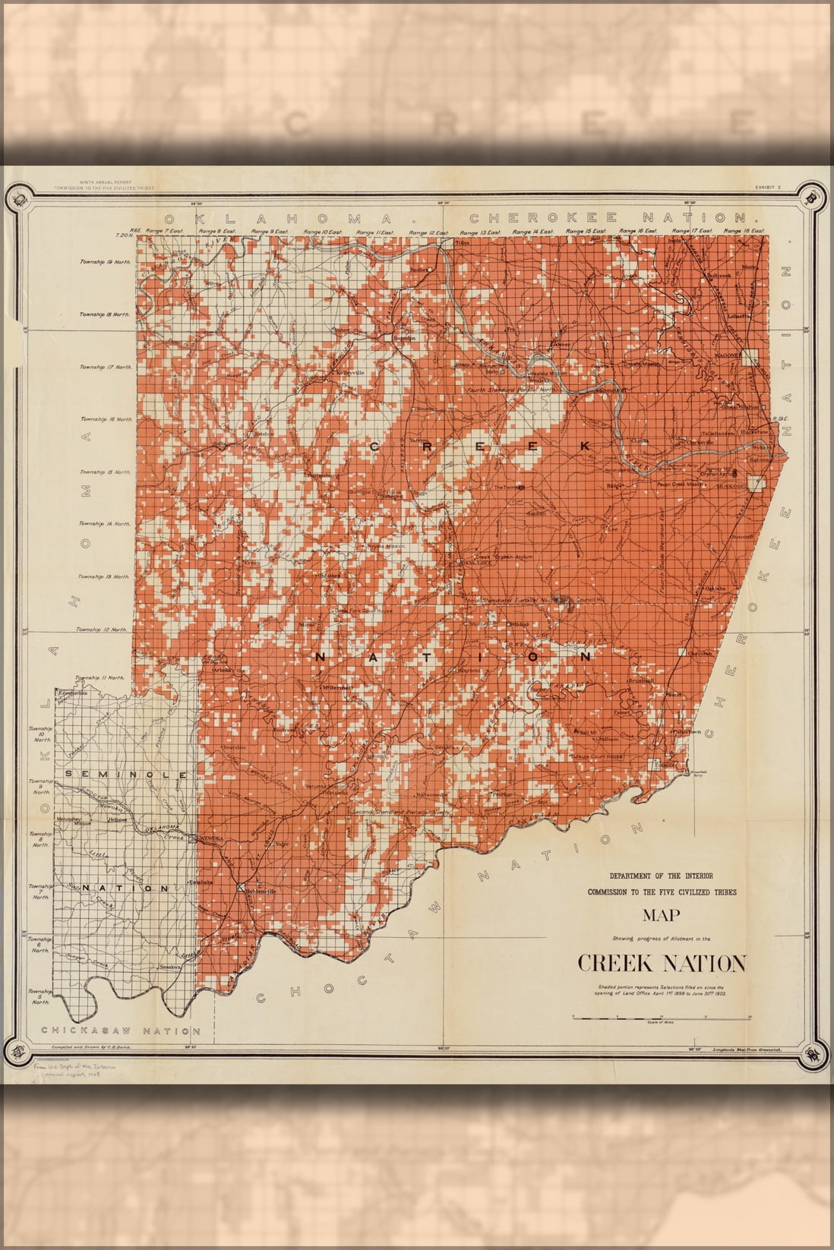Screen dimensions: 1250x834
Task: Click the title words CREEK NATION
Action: coord(662,963)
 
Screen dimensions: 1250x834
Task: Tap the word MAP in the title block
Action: coord(661,915)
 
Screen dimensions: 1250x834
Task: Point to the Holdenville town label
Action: coord(261,891)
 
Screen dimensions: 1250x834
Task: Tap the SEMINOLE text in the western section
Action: coord(126,774)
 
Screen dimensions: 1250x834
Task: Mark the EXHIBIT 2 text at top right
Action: coord(768,187)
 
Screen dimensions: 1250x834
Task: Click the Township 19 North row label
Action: coord(106,262)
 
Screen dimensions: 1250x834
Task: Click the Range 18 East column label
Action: coord(744,231)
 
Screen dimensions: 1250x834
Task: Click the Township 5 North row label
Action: coord(40,996)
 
